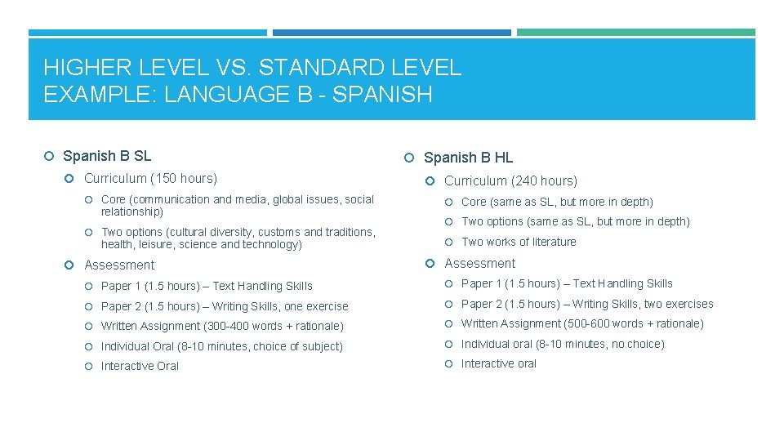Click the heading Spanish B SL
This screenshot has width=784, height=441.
(x=107, y=156)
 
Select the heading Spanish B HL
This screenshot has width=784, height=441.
(x=468, y=158)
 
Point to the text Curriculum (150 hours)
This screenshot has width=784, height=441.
(x=150, y=178)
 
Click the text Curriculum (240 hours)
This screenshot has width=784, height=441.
(x=510, y=180)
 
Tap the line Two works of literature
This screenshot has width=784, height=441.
(x=519, y=242)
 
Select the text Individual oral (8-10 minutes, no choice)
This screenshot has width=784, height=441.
(x=563, y=344)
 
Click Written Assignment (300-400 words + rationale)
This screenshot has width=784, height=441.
(x=222, y=326)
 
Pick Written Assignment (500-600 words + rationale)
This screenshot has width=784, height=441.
(x=582, y=323)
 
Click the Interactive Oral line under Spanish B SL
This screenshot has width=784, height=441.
(x=140, y=366)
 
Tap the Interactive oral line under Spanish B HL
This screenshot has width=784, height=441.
(x=499, y=363)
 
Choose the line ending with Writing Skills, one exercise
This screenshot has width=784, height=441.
(x=225, y=306)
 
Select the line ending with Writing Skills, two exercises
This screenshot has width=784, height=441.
(x=587, y=304)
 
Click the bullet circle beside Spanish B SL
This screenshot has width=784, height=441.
(x=51, y=156)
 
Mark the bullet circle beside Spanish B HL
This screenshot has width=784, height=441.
(x=412, y=158)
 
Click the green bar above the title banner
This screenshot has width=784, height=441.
(x=636, y=33)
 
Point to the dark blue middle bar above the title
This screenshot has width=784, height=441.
(x=391, y=33)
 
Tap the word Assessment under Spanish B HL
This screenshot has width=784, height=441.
(x=479, y=263)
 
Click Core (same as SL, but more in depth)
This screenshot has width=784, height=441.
(x=557, y=202)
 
